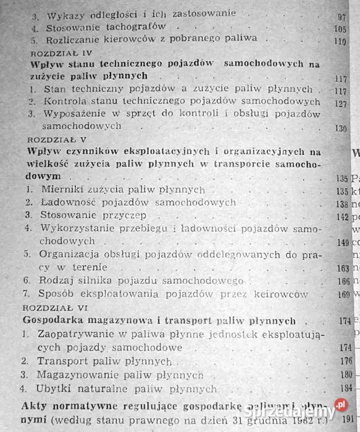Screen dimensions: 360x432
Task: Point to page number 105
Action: [338, 28]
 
